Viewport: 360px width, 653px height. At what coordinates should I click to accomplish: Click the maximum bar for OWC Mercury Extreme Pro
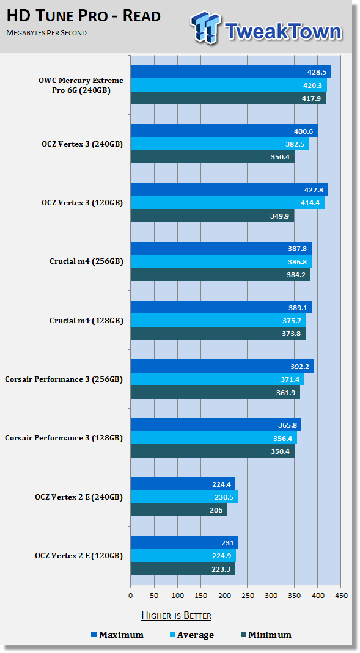pyautogui.click(x=230, y=71)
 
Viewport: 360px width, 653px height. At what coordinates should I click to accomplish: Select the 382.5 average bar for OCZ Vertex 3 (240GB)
pyautogui.click(x=220, y=144)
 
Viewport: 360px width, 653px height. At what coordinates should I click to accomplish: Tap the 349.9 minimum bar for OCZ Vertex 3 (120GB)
pyautogui.click(x=213, y=216)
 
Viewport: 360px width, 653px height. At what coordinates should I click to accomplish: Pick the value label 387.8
pyautogui.click(x=297, y=249)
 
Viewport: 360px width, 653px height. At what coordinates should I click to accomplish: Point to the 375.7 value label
pyautogui.click(x=292, y=320)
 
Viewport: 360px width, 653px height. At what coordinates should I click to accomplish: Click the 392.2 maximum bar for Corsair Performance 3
pyautogui.click(x=222, y=366)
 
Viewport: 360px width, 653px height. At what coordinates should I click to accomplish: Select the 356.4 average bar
pyautogui.click(x=214, y=438)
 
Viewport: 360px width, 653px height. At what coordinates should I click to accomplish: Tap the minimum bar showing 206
pyautogui.click(x=178, y=509)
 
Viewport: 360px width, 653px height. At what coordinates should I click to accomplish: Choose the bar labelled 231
pyautogui.click(x=185, y=542)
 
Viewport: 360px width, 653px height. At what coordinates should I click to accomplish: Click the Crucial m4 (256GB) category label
pyautogui.click(x=86, y=261)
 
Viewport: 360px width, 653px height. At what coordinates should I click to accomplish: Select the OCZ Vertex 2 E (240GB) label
pyautogui.click(x=79, y=497)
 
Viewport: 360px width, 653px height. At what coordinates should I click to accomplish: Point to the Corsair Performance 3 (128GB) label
pyautogui.click(x=64, y=438)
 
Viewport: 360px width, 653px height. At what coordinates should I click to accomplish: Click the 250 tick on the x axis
pyautogui.click(x=248, y=596)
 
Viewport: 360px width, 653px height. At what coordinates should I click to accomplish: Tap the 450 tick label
pyautogui.click(x=341, y=596)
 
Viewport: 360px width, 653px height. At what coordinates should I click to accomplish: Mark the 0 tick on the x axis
pyautogui.click(x=130, y=596)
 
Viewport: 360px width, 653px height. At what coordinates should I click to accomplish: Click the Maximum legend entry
pyautogui.click(x=117, y=635)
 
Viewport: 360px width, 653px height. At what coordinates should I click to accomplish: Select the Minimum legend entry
pyautogui.click(x=266, y=635)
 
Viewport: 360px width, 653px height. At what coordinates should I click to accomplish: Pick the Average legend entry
pyautogui.click(x=191, y=635)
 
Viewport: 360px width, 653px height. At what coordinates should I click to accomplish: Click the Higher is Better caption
pyautogui.click(x=176, y=616)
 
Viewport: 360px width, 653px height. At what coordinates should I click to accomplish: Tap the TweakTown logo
pyautogui.click(x=266, y=28)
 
